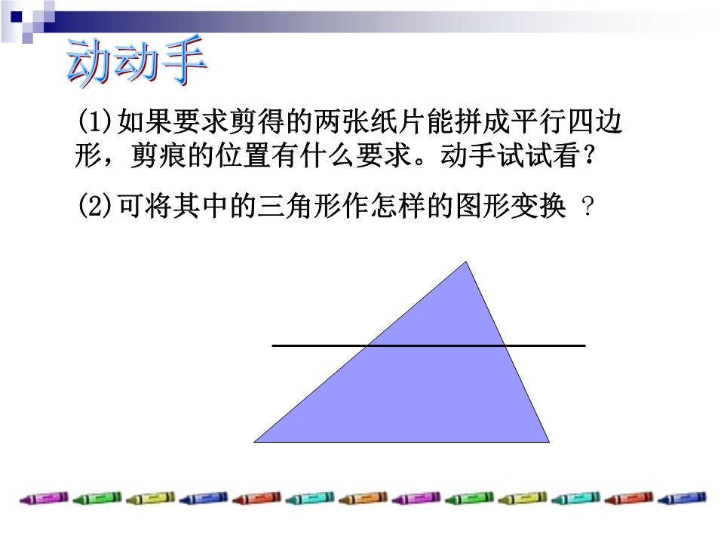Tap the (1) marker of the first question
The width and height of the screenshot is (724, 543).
pyautogui.click(x=95, y=121)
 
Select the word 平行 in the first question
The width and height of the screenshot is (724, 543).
pyautogui.click(x=538, y=121)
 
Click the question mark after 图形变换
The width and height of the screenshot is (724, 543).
pyautogui.click(x=587, y=207)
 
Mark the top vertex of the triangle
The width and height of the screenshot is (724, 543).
pyautogui.click(x=466, y=262)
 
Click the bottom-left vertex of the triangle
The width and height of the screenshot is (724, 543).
pyautogui.click(x=254, y=442)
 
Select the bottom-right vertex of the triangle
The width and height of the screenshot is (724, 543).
pyautogui.click(x=550, y=442)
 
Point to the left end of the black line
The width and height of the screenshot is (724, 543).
pyautogui.click(x=272, y=345)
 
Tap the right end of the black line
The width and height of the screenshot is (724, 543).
pyautogui.click(x=585, y=345)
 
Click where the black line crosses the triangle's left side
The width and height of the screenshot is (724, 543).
pyautogui.click(x=368, y=345)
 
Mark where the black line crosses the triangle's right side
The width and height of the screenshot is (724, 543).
pyautogui.click(x=505, y=345)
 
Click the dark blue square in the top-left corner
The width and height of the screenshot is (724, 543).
pyautogui.click(x=16, y=17)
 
